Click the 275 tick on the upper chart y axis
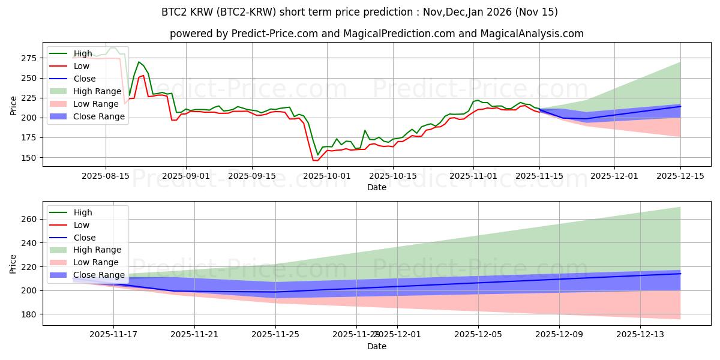point(29,58)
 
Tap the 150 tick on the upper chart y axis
point(29,158)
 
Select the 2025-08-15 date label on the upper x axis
point(106,176)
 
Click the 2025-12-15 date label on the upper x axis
point(680,176)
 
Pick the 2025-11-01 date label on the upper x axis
point(473,176)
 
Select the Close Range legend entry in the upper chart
point(99,116)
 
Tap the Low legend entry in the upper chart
point(82,66)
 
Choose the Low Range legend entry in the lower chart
point(97,263)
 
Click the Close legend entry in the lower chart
point(85,238)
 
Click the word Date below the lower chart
point(377,346)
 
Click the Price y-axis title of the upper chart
point(14,106)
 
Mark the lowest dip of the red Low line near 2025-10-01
point(315,160)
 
